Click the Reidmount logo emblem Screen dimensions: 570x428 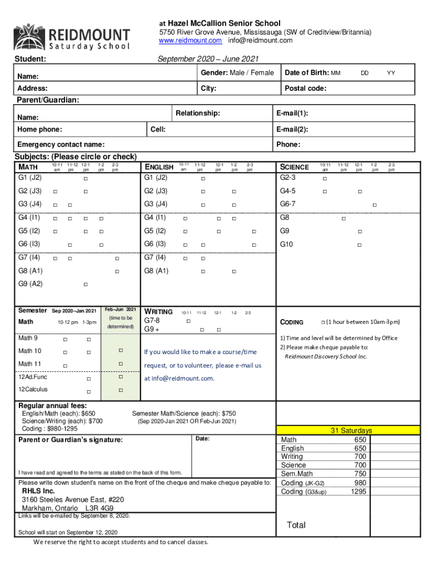[26, 37]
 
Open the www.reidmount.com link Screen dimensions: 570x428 [190, 41]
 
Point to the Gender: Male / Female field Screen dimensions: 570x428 [237, 73]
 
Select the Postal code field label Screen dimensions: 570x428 [305, 89]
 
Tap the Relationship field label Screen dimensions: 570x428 [197, 114]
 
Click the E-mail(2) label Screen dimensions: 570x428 [292, 130]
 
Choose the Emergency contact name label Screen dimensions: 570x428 [61, 145]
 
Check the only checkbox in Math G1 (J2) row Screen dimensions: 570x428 [86, 179]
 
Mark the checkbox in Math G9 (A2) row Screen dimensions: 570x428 [86, 285]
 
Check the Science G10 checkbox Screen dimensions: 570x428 [360, 245]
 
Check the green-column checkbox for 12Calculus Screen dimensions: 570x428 [120, 390]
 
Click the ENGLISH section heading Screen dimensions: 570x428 [159, 167]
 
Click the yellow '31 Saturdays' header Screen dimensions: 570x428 [351, 430]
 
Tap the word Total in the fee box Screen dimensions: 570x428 [296, 525]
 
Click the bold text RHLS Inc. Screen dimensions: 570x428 [38, 492]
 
